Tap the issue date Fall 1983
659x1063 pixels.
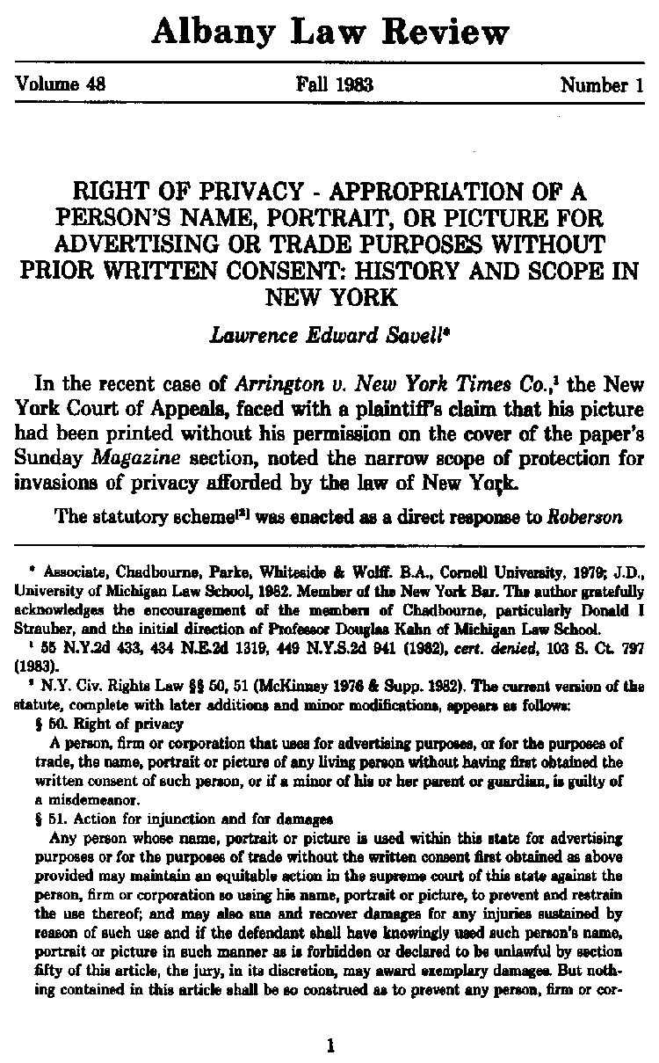click(x=335, y=85)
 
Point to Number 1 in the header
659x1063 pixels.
click(x=602, y=85)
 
